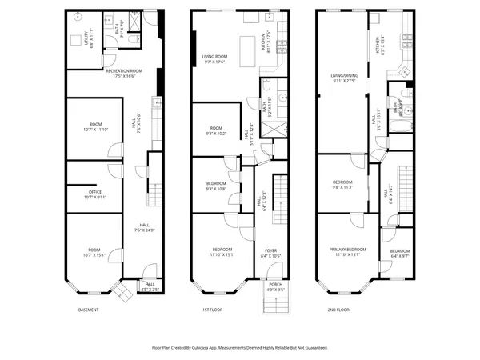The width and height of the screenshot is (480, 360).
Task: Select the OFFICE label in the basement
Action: (94, 191)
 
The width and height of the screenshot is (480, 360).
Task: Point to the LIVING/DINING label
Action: (345, 77)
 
